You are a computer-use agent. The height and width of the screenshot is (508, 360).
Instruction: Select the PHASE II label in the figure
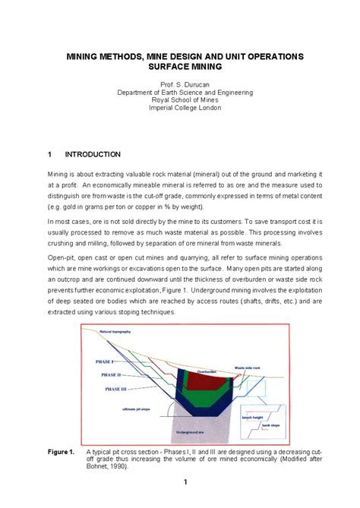[111, 375]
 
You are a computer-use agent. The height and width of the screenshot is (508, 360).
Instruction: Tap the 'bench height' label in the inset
[252, 418]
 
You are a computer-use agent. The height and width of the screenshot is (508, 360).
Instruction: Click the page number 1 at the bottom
[185, 482]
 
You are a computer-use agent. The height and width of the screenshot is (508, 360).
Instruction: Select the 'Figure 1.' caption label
[61, 453]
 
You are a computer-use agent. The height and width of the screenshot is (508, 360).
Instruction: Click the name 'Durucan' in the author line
[197, 84]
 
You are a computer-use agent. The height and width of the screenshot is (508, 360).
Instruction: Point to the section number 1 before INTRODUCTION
[50, 154]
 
